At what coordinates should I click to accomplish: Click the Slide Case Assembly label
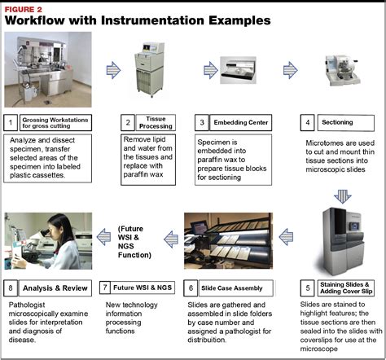point(230,287)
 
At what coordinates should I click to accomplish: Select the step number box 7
point(106,287)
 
